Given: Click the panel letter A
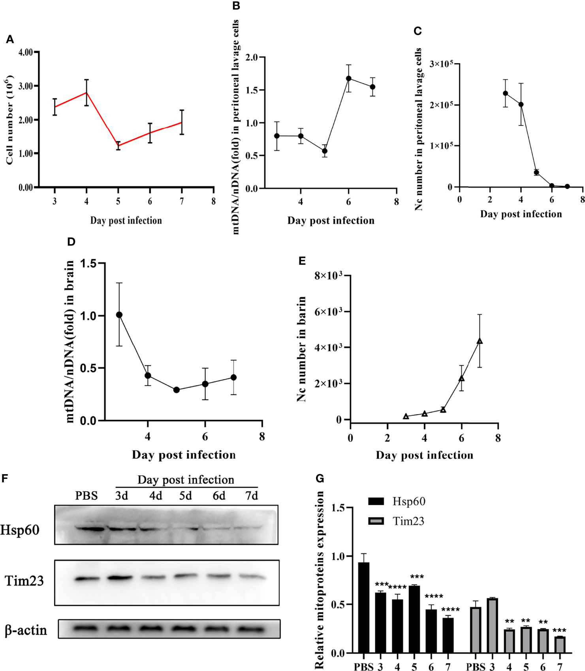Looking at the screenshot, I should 10,39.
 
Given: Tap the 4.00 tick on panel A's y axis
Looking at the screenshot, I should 26,52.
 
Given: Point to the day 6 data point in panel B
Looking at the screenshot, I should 348,79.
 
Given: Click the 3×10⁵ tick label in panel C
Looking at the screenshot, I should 441,64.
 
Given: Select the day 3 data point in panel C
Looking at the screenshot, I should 505,93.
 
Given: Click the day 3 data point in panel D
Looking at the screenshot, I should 119,315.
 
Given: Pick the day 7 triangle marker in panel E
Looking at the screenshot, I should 480,341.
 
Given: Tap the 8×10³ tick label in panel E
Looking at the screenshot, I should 328,275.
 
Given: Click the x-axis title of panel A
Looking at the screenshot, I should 126,221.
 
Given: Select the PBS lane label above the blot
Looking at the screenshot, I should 87,496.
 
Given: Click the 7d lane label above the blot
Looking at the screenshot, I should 252,496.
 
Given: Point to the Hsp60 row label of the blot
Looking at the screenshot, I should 20,530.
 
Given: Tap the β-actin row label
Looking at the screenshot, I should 26,630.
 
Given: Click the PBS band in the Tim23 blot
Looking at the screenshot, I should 87,579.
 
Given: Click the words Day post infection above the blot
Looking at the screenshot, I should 186,480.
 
